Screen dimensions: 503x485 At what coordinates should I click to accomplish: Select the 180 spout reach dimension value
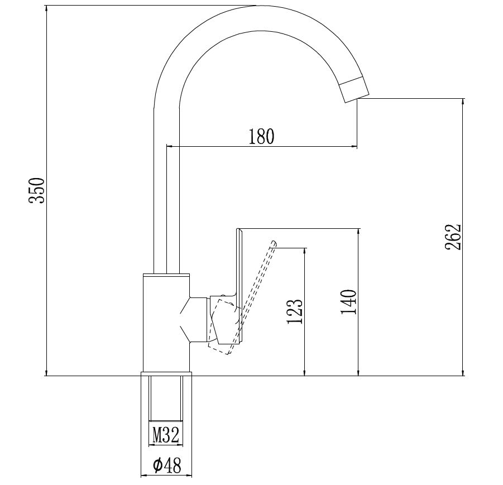tap(261, 136)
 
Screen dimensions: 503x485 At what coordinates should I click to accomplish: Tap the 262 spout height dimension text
tap(453, 237)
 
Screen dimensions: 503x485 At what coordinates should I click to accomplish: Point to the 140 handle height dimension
tap(349, 302)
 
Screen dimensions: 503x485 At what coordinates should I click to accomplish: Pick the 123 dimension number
tap(294, 311)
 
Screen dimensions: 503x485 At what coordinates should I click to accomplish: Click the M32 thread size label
tap(166, 435)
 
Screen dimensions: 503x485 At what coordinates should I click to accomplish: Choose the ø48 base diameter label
tap(167, 465)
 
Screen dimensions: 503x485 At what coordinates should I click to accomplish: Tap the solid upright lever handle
tap(239, 286)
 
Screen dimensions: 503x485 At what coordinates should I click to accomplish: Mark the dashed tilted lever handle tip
tap(274, 243)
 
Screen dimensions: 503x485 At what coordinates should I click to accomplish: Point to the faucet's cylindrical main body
tap(166, 323)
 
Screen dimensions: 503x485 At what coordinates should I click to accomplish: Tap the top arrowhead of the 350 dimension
tap(47, 9)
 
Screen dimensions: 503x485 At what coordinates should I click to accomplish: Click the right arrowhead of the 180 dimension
tap(354, 147)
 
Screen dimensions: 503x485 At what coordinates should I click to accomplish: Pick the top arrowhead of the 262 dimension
tap(463, 102)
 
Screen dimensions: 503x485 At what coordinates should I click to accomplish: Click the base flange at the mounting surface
tap(166, 374)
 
